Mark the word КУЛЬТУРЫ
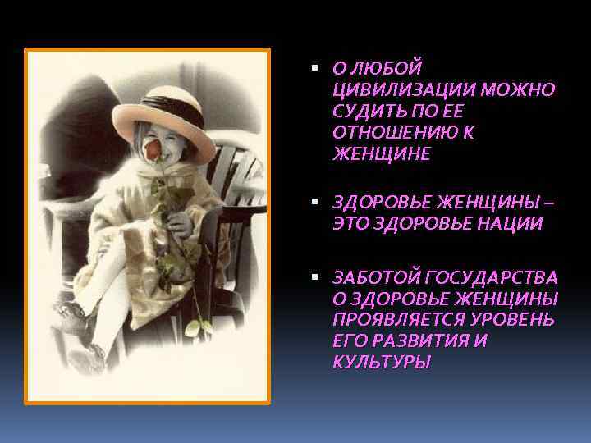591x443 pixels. tap(381, 362)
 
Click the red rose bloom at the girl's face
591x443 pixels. tap(153, 150)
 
